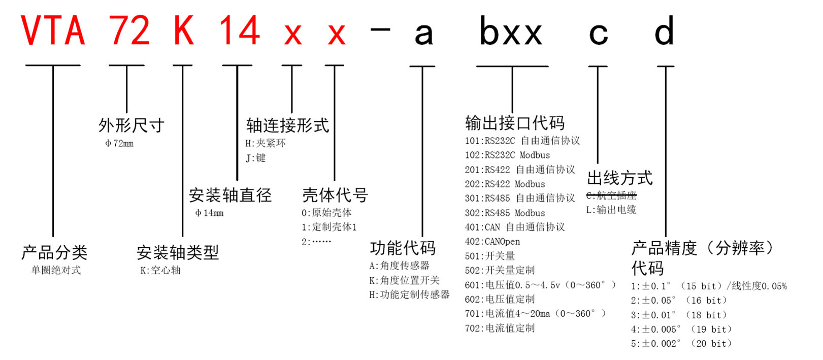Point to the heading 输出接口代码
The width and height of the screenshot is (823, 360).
[515, 123]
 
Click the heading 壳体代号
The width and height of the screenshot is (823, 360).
[335, 195]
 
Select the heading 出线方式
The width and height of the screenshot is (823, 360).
[620, 178]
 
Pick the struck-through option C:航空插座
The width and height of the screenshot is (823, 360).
[611, 195]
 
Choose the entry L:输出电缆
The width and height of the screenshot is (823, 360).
[611, 210]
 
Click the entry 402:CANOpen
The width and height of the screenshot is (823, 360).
[492, 242]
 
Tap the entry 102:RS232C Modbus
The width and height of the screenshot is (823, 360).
[507, 155]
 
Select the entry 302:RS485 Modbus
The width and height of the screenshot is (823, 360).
[505, 213]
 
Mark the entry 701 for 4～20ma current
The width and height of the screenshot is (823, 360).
[535, 314]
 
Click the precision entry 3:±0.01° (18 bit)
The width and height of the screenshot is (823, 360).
[679, 315]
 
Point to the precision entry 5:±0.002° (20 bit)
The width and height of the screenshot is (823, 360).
[681, 344]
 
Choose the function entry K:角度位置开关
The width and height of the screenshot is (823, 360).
[405, 280]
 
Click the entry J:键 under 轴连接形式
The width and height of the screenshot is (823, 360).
[255, 158]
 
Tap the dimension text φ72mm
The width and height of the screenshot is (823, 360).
[119, 143]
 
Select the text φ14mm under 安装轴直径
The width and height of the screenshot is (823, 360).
[209, 213]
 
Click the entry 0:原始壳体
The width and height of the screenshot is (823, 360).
[326, 213]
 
